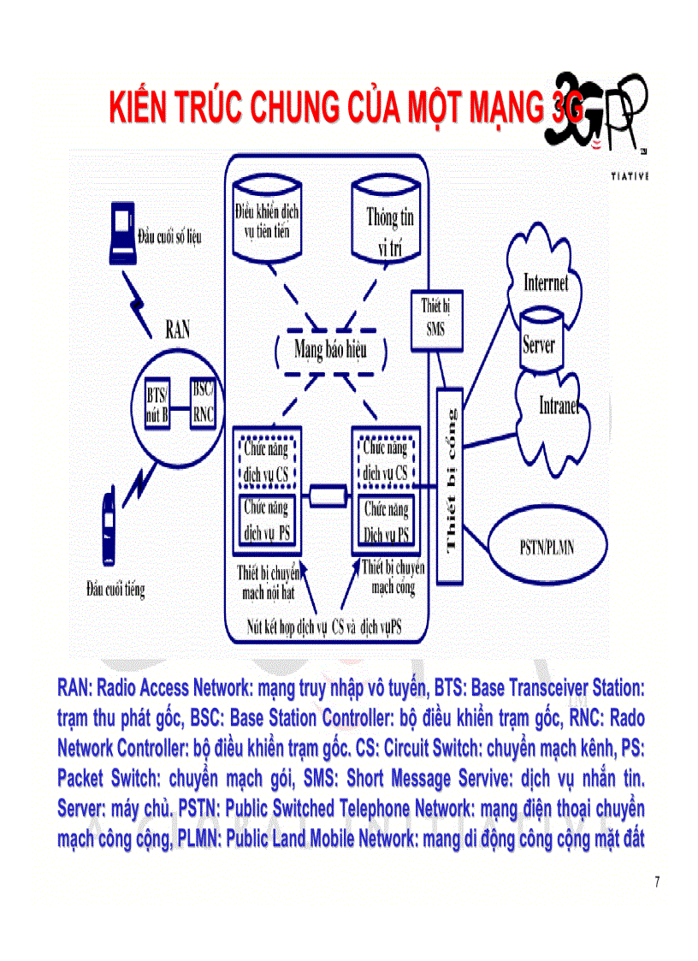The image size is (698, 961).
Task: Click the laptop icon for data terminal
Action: [x=121, y=232]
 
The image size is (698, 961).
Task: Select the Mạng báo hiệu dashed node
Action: [x=332, y=349]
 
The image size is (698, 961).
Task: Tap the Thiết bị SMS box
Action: [x=432, y=319]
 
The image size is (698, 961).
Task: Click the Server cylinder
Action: [x=540, y=341]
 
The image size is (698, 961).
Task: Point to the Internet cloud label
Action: [x=546, y=283]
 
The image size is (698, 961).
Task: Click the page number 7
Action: [x=656, y=882]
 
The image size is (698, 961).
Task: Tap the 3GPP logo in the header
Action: [x=603, y=116]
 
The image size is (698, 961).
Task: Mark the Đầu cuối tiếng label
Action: [x=115, y=589]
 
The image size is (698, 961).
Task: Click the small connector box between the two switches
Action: [x=328, y=495]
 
